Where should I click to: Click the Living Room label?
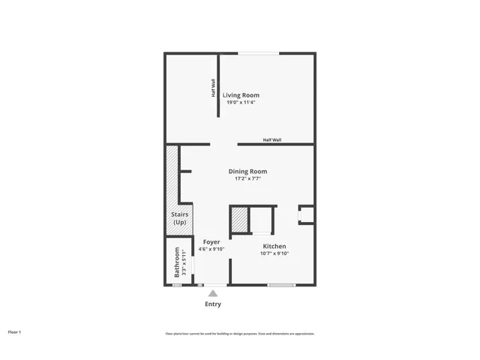point(241,94)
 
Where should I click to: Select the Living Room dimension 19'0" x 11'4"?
point(241,102)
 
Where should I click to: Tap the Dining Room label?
point(247,171)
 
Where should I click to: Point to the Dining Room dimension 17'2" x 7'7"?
point(247,178)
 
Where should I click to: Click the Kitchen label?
point(274,246)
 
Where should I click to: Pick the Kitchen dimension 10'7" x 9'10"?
point(274,253)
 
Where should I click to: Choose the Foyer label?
point(211,241)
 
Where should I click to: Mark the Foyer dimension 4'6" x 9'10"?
point(211,249)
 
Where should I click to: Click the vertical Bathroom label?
point(177,262)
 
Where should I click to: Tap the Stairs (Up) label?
point(179,218)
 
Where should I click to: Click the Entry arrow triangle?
point(213,293)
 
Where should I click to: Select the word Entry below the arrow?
point(213,304)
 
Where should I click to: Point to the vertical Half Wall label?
point(213,88)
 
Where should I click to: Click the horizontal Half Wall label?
point(271,139)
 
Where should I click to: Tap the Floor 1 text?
point(15,331)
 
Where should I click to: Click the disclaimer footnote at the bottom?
point(240,334)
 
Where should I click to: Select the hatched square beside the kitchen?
point(239,220)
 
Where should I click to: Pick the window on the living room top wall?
point(258,53)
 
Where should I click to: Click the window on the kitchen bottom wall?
point(281,285)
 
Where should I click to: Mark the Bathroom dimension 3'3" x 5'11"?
point(184,262)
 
